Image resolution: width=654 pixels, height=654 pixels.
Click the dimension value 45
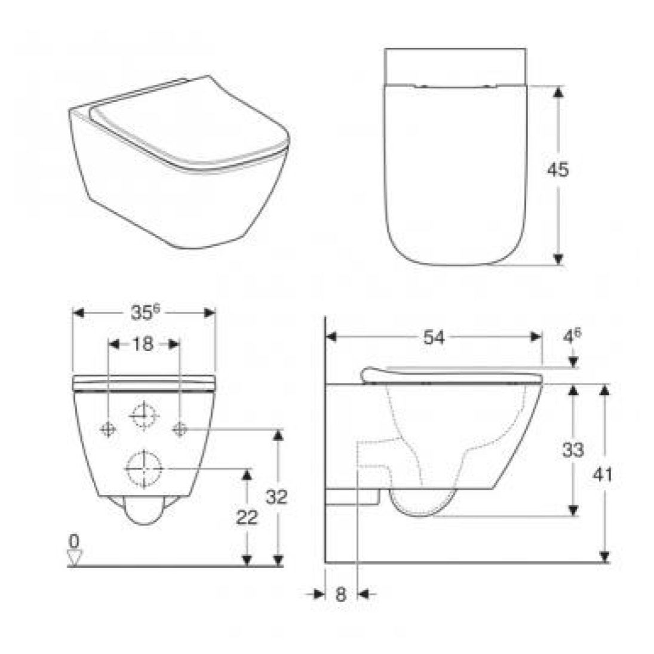point(558,170)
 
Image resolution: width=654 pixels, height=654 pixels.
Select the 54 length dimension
point(434,337)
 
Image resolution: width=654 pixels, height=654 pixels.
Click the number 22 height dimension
point(247,517)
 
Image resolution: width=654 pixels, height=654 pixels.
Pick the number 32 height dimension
point(277,496)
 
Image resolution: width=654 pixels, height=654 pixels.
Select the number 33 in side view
point(572,449)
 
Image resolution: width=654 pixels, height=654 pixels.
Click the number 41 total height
point(604,474)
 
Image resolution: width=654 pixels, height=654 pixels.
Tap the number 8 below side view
point(340,594)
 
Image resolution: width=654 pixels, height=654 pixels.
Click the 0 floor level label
point(74,541)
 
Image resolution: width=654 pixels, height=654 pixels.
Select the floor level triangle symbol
point(74,557)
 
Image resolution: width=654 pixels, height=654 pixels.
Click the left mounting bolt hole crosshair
point(108,428)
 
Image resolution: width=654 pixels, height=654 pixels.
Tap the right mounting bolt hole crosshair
point(180,428)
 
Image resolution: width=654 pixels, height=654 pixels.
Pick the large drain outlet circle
point(144,468)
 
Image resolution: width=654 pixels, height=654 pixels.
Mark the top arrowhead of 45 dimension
point(558,91)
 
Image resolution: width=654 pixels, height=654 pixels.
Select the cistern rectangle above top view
point(455,66)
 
